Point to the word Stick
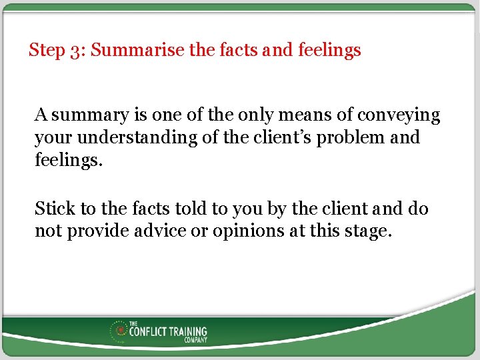[x=55, y=209]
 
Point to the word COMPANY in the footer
[x=195, y=340]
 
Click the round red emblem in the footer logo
[x=121, y=330]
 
